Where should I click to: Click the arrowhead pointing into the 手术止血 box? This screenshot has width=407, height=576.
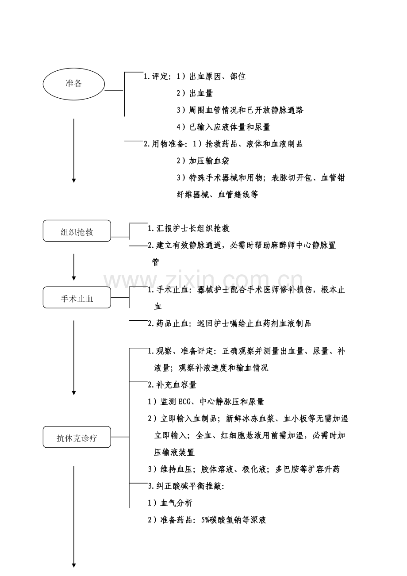pos(74,278)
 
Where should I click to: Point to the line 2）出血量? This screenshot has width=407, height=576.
pos(195,93)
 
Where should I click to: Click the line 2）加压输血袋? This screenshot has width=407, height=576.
pos(203,161)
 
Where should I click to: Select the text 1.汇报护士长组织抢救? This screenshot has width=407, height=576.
pos(188,228)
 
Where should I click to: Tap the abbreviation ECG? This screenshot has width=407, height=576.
pos(184,402)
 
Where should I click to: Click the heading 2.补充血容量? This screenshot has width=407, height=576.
pos(172,385)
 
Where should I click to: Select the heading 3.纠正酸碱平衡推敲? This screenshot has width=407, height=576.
pos(186,486)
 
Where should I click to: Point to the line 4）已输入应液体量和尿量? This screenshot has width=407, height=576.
pos(223,127)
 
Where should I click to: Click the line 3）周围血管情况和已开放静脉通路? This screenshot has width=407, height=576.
pos(240,110)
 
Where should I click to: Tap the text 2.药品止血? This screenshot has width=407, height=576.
pos(168,323)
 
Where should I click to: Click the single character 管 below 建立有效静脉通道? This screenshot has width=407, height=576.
pos(156,262)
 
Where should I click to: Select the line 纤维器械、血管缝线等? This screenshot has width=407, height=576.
pos(217,194)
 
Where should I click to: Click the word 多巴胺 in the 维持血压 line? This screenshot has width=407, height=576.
pos(287,469)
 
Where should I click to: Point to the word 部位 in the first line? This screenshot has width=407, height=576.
pos(238,77)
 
